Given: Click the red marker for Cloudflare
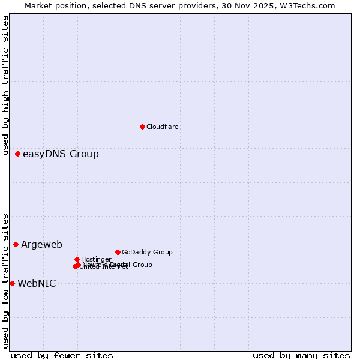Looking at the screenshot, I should [142, 127].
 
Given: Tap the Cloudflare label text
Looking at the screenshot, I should [162, 127].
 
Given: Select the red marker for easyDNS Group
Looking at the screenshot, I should [17, 154].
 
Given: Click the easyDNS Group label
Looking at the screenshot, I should [61, 154].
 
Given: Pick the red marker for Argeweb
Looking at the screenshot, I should [16, 244].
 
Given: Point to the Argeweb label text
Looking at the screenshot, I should [41, 244].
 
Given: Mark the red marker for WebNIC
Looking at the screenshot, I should [12, 283].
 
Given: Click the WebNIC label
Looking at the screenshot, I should [37, 284].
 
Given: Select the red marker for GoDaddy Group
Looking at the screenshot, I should [118, 252].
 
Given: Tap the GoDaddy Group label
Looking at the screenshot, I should [147, 253].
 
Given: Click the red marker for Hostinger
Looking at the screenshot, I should [77, 259].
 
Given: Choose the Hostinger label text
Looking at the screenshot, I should [96, 259].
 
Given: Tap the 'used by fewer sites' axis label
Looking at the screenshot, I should [62, 355].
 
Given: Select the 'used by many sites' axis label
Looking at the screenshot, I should [301, 355].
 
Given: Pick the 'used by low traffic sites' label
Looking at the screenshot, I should [6, 280].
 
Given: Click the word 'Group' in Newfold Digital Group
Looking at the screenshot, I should [142, 265].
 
